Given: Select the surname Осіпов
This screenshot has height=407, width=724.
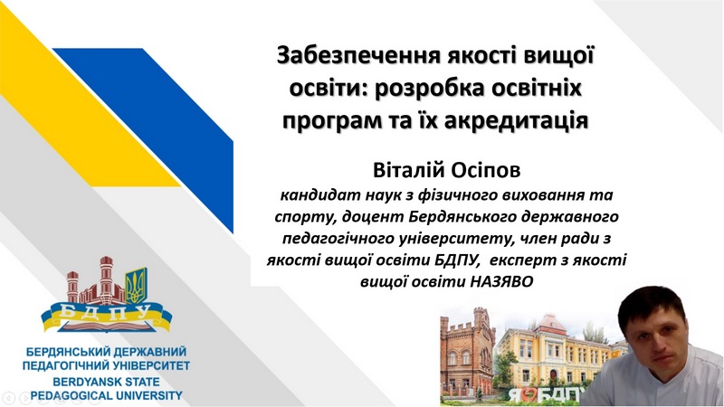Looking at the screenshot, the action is (x=484, y=169).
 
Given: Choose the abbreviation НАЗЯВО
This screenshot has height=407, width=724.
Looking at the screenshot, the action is (x=502, y=281).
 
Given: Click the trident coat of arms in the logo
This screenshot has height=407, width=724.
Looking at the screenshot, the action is (x=137, y=286).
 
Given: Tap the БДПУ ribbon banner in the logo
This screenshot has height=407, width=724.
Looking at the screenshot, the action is (x=107, y=316).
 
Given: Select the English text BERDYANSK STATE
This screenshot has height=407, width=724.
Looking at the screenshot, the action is (x=106, y=382).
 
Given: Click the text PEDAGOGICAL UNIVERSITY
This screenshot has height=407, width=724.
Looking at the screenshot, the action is (x=106, y=395).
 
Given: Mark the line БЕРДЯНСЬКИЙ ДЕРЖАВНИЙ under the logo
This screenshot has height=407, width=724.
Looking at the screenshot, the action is (x=106, y=352).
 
